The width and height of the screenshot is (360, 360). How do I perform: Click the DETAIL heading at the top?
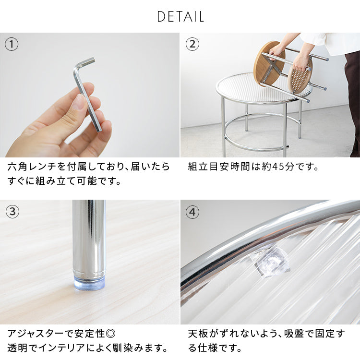180,17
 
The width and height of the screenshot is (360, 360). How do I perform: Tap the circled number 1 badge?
12,45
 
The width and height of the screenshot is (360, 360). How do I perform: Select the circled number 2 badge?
192,45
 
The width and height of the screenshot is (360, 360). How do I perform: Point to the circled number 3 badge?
12,212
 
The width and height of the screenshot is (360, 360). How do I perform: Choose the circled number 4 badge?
192,212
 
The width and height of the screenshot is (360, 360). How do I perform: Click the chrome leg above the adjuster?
89,235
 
